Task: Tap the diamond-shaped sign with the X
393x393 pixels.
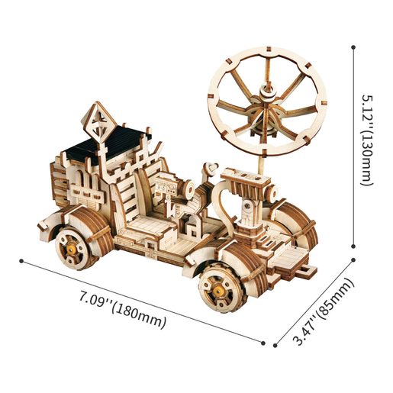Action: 99,122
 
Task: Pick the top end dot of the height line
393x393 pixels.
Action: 353,47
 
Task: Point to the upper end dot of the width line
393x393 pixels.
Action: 354,260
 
